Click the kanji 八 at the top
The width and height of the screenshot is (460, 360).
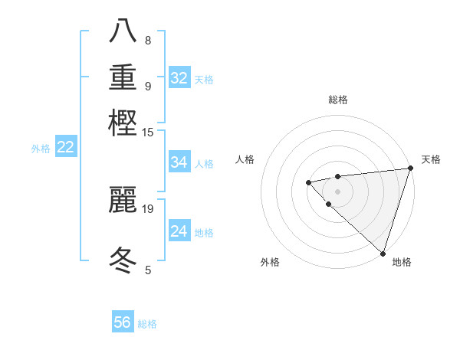[x=123, y=31]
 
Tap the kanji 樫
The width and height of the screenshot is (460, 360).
[x=123, y=122]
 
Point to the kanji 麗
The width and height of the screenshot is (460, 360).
[x=123, y=198]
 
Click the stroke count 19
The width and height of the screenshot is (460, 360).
[x=148, y=208]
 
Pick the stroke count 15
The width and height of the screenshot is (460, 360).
[x=148, y=132]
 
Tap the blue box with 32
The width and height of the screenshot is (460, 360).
[x=179, y=78]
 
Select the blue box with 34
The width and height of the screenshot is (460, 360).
[x=179, y=162]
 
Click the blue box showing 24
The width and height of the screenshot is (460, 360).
[x=179, y=231]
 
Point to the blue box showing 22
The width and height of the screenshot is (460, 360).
[x=65, y=148]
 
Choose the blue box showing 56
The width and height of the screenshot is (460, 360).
[x=123, y=322]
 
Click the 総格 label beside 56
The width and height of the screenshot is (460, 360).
[x=147, y=324]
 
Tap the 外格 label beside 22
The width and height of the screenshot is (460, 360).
[x=41, y=149]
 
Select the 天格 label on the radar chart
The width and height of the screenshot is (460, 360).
[x=431, y=159]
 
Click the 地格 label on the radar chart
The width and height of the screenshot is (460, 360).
[x=402, y=262]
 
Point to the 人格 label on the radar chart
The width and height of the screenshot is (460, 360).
[x=245, y=159]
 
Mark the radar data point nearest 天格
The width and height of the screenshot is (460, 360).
[x=410, y=169]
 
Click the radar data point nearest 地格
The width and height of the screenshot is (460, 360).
[x=382, y=252]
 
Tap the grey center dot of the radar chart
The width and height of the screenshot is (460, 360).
[x=337, y=191]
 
